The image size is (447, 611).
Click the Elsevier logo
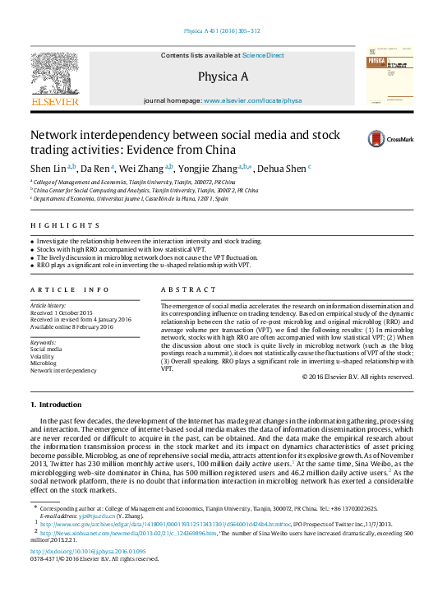click(58, 78)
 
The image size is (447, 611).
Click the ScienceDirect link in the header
click(263, 55)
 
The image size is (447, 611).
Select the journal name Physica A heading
click(223, 77)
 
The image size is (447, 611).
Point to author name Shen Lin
click(51, 168)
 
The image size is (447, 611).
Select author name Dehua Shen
click(281, 169)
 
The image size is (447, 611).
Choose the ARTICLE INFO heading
click(70, 289)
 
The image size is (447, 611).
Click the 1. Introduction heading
click(57, 405)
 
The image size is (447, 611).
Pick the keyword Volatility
click(44, 356)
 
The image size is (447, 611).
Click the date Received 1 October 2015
click(62, 313)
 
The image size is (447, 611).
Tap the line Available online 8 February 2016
click(72, 327)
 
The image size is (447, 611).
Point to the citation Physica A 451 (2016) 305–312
click(222, 31)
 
